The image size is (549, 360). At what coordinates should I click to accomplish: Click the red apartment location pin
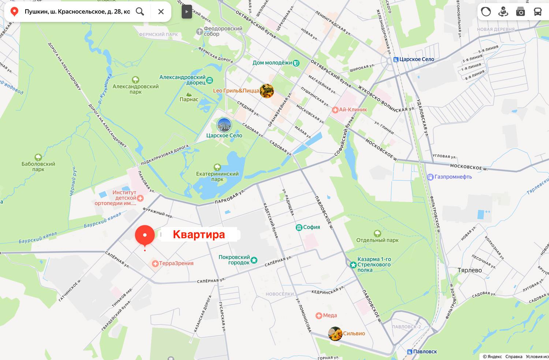pos(145,235)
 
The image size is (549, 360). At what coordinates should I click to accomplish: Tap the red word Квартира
pos(199,235)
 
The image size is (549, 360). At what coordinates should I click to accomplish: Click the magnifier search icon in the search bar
pos(140,11)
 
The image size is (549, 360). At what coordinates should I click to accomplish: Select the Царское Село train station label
pos(416,59)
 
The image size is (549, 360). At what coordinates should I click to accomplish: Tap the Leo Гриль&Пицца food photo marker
pos(267,91)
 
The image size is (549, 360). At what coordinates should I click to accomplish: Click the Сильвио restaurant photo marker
pos(335,334)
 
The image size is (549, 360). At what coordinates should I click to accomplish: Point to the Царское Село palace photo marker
pos(224,125)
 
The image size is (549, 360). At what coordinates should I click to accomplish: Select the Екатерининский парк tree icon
pos(217,167)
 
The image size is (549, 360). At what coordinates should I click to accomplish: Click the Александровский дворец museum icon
pos(210,80)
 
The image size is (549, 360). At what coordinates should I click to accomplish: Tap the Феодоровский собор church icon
pos(199,31)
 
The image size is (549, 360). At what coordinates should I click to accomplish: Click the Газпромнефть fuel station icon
pos(430,177)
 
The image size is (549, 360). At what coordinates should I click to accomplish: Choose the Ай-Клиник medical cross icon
pos(335,110)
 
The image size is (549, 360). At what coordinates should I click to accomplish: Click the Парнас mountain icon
pos(189,94)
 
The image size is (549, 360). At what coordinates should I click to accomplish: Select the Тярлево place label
pos(469,270)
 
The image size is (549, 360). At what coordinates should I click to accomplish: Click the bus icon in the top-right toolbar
pos(537,12)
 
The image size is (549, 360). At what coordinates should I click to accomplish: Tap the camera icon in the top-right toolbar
pos(520,12)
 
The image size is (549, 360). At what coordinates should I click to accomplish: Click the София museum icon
pos(299,227)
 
